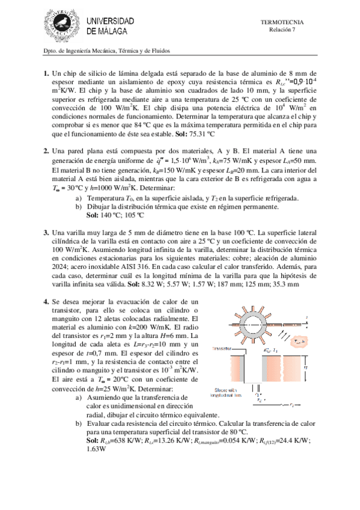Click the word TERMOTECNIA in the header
click(281, 22)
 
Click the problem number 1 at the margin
click(46, 74)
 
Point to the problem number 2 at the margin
click(46, 150)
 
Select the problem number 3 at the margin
click(46, 232)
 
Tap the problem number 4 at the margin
click(46, 301)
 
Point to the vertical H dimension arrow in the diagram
click(304, 367)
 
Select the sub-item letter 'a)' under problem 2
click(79, 198)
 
